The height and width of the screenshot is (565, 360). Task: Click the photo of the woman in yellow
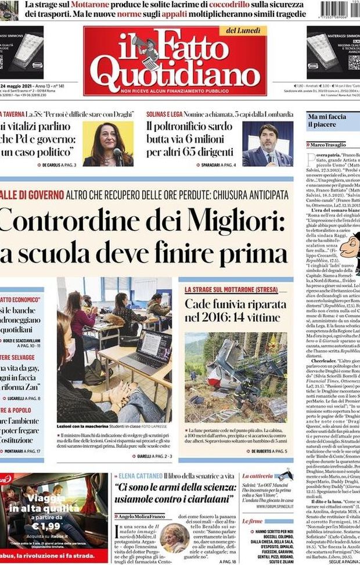108,143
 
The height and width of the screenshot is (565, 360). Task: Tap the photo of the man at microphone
268,144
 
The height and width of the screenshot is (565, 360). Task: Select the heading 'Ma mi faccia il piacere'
327,121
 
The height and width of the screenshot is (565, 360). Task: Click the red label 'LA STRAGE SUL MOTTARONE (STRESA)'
231,289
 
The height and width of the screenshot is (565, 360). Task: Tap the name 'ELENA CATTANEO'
140,476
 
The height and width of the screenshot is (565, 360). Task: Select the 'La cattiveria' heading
257,476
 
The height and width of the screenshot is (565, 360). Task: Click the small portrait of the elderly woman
175,538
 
